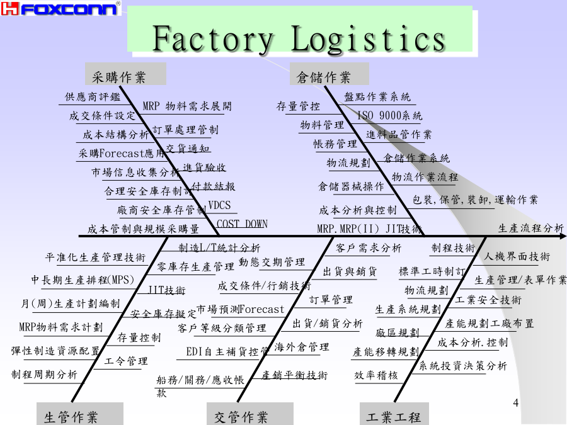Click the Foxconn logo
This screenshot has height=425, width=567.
click(61, 9)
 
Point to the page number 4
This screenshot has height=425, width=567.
click(516, 403)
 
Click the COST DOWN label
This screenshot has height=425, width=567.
click(242, 224)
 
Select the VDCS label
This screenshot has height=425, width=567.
click(219, 205)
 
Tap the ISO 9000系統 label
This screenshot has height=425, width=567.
click(389, 116)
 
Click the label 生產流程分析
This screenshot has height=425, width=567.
click(531, 228)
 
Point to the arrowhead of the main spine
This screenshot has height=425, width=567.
click(561, 235)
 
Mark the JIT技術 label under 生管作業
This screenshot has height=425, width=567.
click(166, 290)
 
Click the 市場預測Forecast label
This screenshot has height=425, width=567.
click(240, 309)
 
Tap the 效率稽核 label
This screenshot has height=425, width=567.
click(376, 375)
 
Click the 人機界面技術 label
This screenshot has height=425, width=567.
click(517, 256)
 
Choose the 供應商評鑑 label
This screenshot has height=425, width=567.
click(93, 97)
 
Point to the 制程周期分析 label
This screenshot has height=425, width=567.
click(44, 374)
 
